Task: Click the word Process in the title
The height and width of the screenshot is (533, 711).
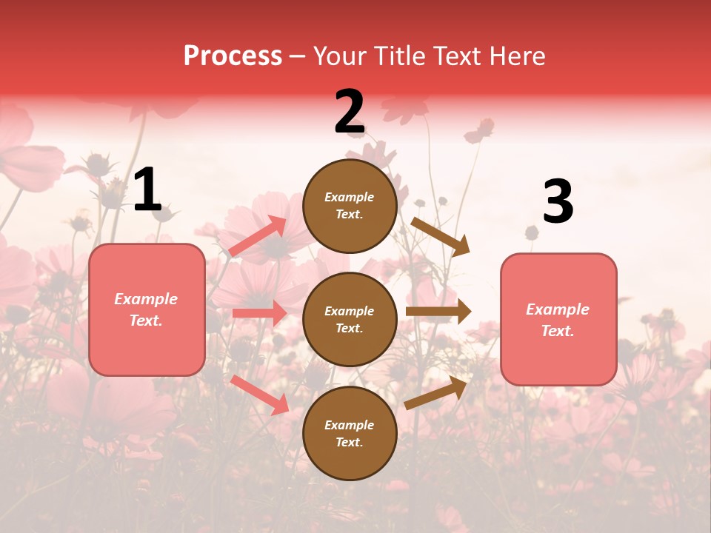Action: [233, 56]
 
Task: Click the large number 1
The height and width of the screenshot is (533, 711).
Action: [147, 191]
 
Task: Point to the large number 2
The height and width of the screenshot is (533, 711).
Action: [350, 113]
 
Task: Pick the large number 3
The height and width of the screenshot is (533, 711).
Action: [558, 202]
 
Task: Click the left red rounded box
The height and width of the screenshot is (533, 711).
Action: [147, 309]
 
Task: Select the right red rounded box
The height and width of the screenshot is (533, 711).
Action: [558, 319]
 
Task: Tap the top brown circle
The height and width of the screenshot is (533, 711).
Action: [350, 206]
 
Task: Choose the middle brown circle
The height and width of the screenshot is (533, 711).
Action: [350, 319]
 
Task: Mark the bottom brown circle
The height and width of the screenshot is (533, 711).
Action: [350, 433]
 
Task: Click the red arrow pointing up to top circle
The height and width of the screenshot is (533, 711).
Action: [258, 236]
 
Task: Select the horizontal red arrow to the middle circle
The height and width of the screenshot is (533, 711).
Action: [259, 313]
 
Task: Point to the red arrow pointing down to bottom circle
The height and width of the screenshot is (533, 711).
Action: [259, 394]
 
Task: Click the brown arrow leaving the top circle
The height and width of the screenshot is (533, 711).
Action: [440, 237]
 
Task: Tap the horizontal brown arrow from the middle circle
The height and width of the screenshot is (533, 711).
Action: [438, 312]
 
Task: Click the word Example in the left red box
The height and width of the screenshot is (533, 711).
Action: [146, 299]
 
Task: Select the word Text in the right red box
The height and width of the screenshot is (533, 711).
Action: [557, 331]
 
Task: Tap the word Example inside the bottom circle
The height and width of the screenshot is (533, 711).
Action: [350, 425]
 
